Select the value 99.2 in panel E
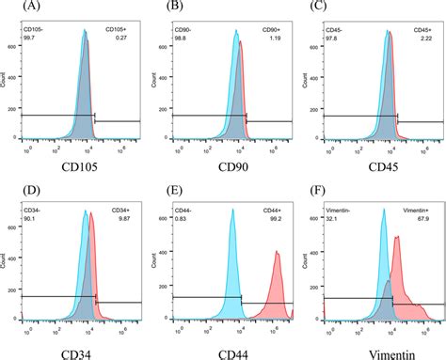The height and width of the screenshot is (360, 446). [271, 218]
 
